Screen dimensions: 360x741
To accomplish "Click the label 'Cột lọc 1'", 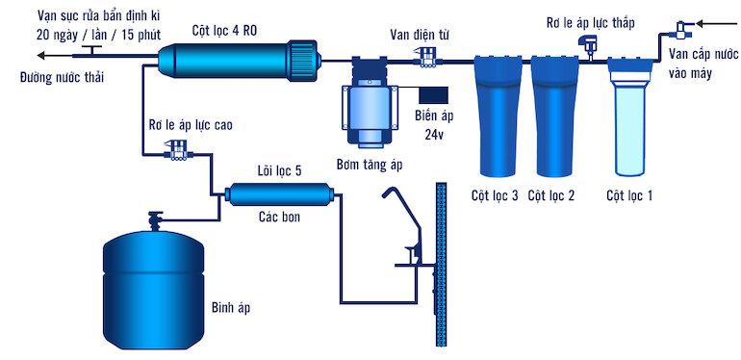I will [629, 196].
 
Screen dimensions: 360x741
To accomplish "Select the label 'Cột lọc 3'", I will [495, 196].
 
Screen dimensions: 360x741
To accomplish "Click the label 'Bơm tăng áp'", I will [369, 165].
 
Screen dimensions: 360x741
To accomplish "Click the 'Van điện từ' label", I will [420, 35].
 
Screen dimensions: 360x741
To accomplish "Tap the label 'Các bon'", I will [279, 217].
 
